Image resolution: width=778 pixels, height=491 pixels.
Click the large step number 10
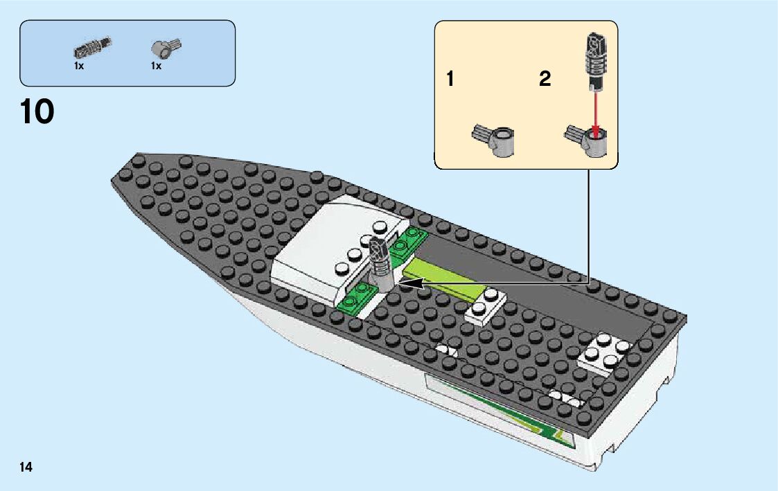tap(37, 111)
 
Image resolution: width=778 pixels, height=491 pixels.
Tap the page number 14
tap(26, 467)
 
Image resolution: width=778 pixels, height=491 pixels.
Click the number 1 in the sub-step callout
tap(450, 80)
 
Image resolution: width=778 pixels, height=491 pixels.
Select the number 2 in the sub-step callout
tap(545, 80)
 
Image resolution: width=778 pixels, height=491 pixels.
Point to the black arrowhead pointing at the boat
tap(413, 283)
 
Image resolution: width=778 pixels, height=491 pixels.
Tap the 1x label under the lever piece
tap(79, 66)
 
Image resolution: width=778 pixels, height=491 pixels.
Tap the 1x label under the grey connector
tap(156, 66)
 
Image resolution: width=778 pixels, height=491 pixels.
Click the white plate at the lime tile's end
tap(487, 305)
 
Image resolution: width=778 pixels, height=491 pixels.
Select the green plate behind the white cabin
tap(409, 239)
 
